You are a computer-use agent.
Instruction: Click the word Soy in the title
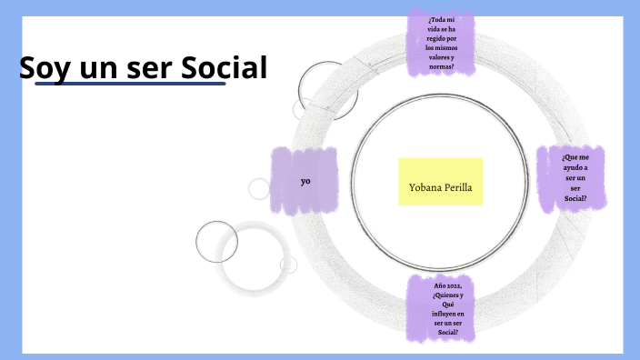click(x=42, y=68)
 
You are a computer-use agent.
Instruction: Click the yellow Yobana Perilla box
click(x=441, y=182)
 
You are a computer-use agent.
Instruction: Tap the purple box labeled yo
click(x=305, y=180)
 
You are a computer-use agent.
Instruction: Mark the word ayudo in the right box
click(x=574, y=168)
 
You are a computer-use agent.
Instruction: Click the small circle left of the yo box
click(x=259, y=188)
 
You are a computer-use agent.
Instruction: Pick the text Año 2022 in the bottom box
click(x=441, y=285)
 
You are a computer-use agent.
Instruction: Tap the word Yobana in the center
click(x=424, y=188)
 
